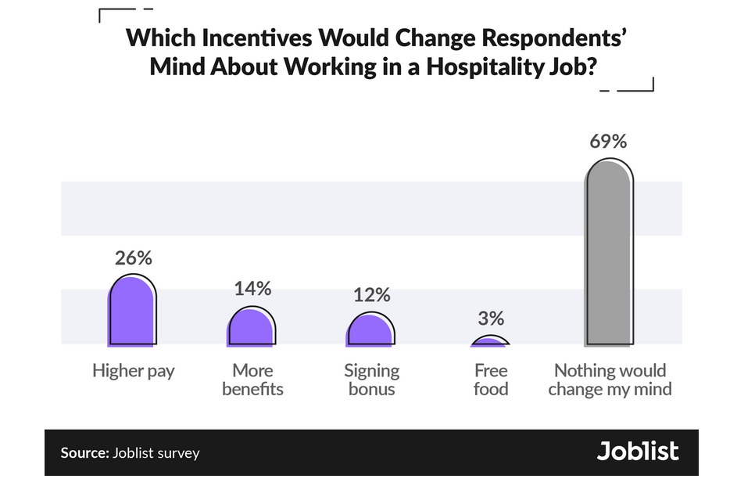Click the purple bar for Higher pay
pos(132,311)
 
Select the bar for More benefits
pos(251,327)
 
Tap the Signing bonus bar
pos(370,329)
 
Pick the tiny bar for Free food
pos(490,341)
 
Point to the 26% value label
pos(133,258)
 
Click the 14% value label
pos(252,288)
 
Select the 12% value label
pos(371,294)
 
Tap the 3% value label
pos(491,319)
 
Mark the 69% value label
pos(609,142)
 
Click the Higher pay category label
pos(133,371)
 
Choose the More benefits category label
pos(252,380)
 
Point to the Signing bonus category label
pos(372,380)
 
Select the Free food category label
pos(491,380)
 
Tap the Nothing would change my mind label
pos(610,380)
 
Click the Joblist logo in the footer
pos(638,452)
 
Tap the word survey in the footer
pos(177,453)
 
